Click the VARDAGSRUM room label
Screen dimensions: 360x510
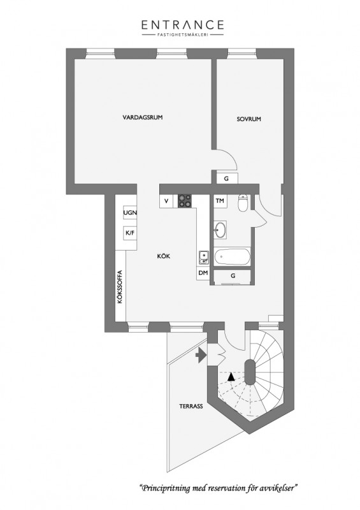[x=143, y=117]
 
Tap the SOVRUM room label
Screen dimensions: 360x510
[x=248, y=119]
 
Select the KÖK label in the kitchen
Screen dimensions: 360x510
[x=164, y=256]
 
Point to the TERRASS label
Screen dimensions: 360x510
[x=191, y=406]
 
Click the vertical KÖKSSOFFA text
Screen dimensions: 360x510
[x=120, y=287]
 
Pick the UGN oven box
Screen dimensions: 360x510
[x=130, y=213]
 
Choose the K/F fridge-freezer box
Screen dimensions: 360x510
[x=130, y=233]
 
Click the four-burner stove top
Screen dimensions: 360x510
[x=185, y=201]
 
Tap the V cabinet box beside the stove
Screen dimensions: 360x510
[x=166, y=201]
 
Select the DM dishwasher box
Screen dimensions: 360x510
[x=203, y=273]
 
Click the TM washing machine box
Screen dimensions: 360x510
[x=220, y=201]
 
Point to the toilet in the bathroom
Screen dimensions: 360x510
[x=243, y=202]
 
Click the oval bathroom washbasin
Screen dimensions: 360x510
[x=221, y=230]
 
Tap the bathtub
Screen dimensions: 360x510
[x=232, y=257]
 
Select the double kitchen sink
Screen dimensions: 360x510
[x=204, y=257]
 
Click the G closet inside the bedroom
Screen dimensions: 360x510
[x=227, y=178]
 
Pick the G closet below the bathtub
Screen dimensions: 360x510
[x=232, y=276]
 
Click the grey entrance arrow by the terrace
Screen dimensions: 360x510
[x=201, y=355]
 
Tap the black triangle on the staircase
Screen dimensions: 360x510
[x=231, y=377]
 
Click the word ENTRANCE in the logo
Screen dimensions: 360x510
[x=183, y=25]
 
